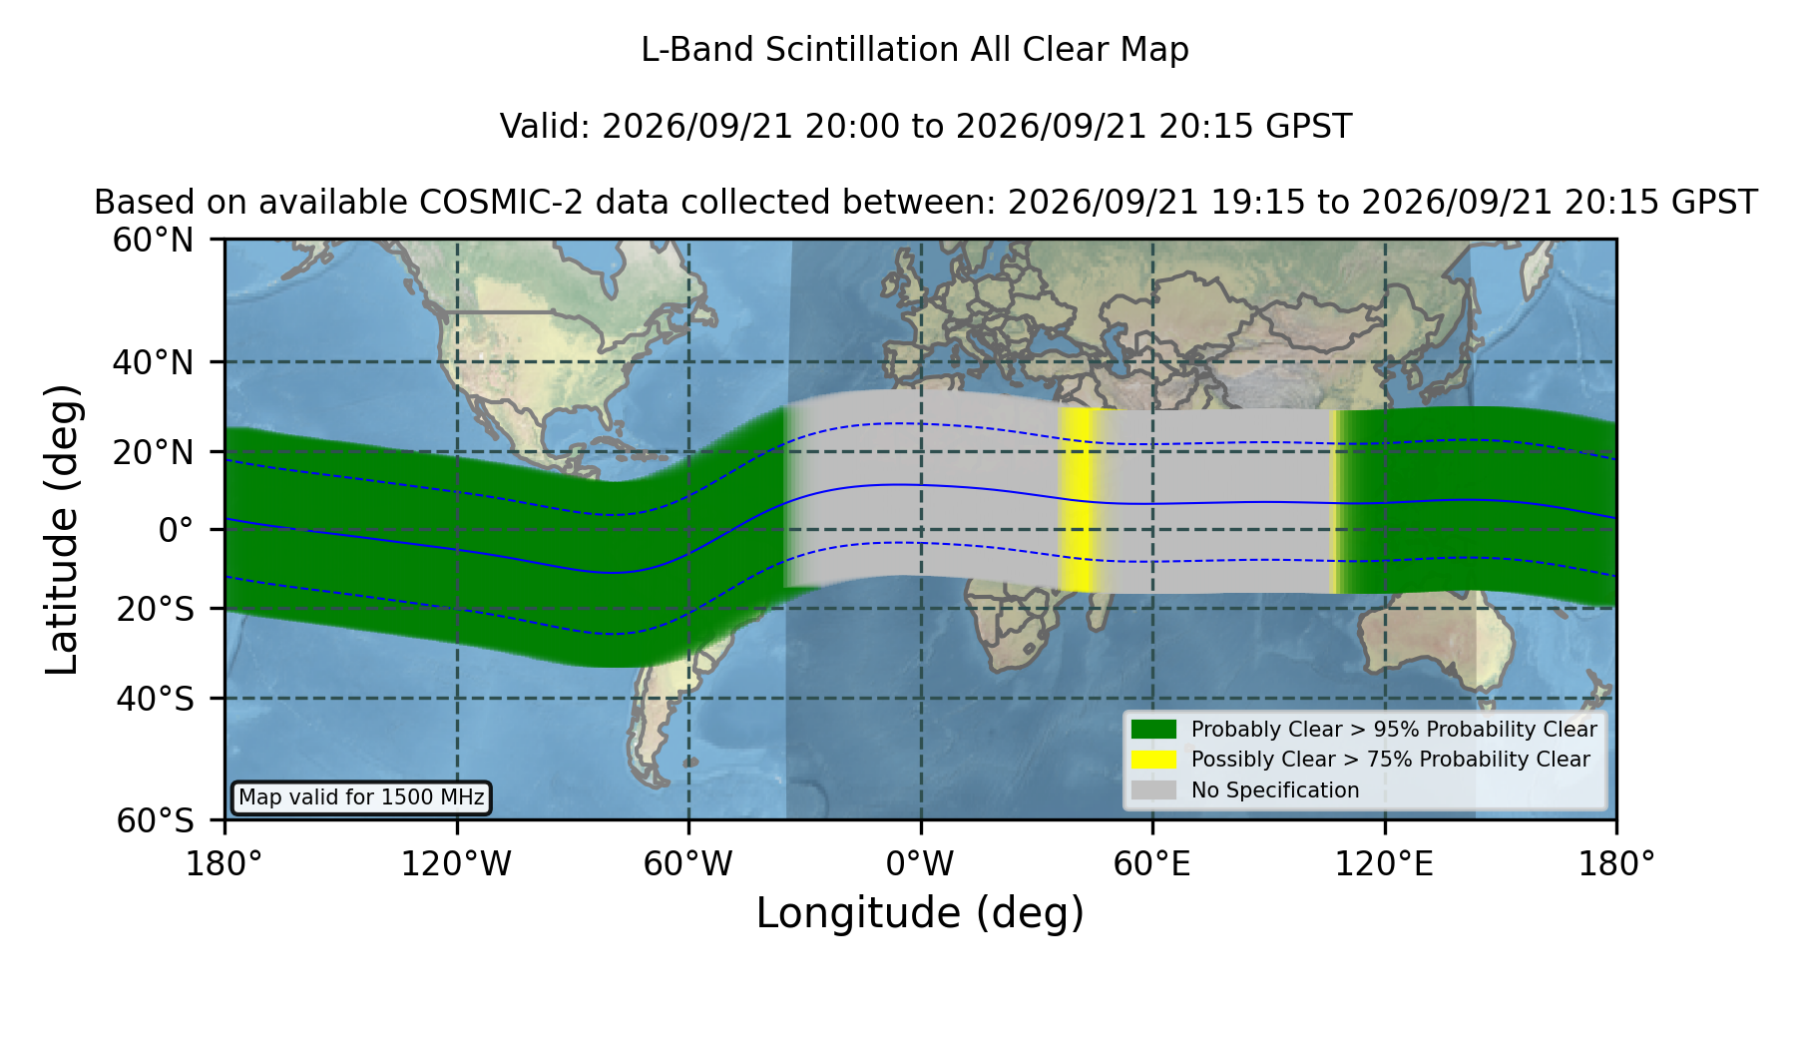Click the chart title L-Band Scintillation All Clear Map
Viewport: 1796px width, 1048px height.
point(915,50)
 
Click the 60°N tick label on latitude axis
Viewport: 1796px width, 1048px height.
point(154,241)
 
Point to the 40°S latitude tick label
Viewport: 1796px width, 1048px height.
point(156,699)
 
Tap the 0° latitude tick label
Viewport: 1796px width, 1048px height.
point(177,530)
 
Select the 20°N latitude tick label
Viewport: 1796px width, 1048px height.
point(154,452)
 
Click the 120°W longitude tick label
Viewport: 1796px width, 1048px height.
point(456,864)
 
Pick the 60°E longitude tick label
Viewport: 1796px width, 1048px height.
point(1152,864)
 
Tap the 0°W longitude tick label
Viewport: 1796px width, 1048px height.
point(920,864)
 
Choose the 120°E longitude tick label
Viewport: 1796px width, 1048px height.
point(1384,864)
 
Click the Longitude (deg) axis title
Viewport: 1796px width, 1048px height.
point(920,913)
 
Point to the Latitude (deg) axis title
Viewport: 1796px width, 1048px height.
point(62,529)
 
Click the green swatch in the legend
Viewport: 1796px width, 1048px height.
point(1153,730)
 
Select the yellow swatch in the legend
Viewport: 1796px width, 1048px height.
point(1153,760)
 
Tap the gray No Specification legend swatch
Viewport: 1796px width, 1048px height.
point(1153,790)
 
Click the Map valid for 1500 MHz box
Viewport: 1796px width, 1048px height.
point(361,797)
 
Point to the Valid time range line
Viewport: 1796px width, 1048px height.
point(926,127)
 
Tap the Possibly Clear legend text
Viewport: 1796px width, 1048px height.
point(1391,760)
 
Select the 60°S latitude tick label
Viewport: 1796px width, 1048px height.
point(156,820)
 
